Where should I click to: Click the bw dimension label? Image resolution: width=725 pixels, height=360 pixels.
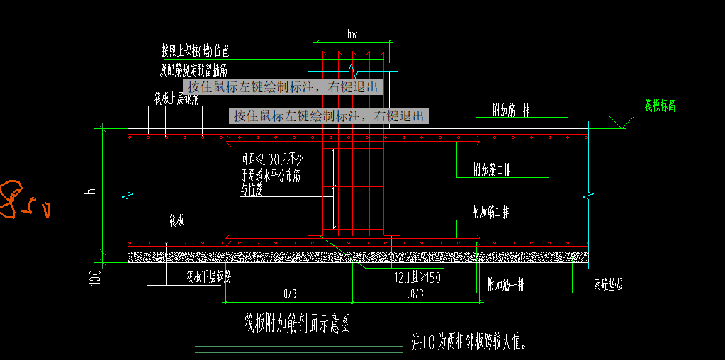coord(352,34)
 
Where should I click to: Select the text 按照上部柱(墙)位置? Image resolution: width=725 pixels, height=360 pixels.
coord(195,51)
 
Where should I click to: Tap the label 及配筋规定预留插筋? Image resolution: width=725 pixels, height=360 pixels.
coord(193,69)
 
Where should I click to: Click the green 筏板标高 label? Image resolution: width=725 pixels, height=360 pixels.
coord(659,106)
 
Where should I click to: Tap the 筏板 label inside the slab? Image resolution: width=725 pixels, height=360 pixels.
coord(176,221)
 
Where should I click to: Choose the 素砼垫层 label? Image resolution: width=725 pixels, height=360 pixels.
coord(608,286)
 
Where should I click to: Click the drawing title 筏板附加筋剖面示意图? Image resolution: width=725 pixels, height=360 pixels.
coord(297,325)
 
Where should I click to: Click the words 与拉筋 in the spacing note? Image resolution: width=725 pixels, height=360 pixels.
coord(252,191)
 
